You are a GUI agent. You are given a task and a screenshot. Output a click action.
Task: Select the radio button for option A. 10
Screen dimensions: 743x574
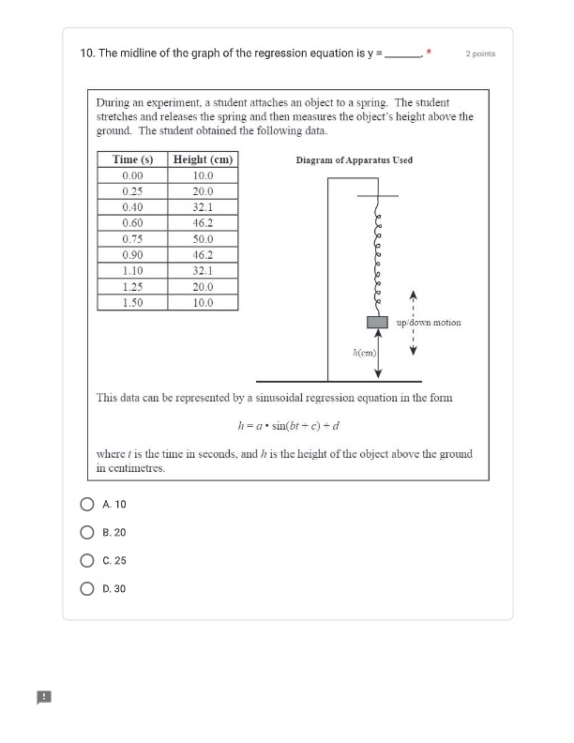(87, 504)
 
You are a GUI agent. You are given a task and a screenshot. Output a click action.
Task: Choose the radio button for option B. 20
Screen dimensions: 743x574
(87, 532)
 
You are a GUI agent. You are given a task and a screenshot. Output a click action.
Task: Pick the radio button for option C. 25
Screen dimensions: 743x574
(87, 560)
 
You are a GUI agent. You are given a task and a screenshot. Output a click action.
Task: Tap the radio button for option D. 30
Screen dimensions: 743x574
(87, 588)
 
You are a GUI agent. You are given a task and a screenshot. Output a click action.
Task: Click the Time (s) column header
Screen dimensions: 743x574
(132, 159)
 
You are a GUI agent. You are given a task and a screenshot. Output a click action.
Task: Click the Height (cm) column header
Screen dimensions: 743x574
(203, 159)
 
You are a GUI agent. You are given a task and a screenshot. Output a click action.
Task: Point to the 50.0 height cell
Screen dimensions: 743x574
(203, 239)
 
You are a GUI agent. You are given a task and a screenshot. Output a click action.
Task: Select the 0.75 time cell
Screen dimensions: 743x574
(132, 239)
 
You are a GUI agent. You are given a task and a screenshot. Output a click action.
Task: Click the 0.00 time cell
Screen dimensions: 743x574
(132, 175)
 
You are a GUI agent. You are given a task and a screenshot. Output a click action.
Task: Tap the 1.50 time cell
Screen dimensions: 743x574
(132, 303)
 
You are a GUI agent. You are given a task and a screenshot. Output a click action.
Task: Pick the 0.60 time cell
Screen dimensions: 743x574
(132, 223)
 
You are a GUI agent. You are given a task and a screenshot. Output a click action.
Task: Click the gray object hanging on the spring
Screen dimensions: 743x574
(377, 322)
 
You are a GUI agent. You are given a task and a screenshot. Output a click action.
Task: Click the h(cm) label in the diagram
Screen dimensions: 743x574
(364, 353)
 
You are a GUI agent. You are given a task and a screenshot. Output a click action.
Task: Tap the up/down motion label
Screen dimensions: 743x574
(429, 322)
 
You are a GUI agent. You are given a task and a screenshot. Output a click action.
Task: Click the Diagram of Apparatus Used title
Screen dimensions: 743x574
(354, 160)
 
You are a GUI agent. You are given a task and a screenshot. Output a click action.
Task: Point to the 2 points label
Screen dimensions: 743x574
(480, 53)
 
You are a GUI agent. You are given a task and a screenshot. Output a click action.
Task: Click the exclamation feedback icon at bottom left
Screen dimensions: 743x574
(44, 696)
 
